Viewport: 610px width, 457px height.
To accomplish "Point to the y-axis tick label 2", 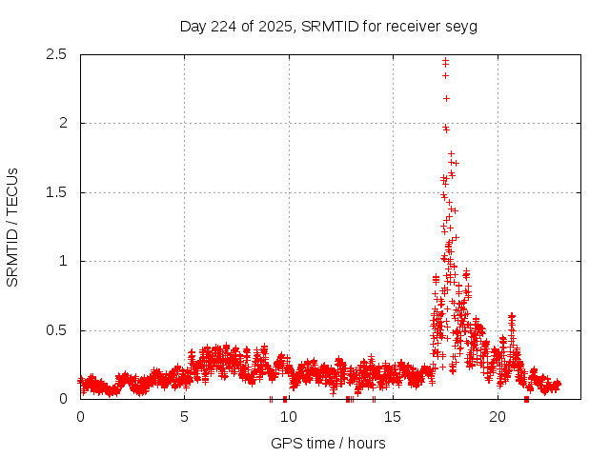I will tap(65, 123).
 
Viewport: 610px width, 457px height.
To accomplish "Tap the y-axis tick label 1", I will tap(65, 261).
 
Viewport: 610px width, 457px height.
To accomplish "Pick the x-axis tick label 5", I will tap(184, 417).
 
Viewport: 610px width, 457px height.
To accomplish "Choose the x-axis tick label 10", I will tap(288, 417).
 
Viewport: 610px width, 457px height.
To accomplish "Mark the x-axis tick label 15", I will tap(393, 417).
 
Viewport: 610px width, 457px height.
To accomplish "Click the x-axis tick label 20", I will tap(497, 417).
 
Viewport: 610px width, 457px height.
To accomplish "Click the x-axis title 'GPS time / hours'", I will tap(328, 443).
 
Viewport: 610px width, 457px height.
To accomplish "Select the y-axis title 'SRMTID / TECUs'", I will tap(13, 227).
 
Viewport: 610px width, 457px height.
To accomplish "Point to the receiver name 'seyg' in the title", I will tap(461, 26).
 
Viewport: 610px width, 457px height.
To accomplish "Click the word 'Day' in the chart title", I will tap(193, 26).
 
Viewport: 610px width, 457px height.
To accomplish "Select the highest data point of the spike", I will tap(445, 60).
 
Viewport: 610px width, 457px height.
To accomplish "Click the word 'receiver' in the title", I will tap(414, 26).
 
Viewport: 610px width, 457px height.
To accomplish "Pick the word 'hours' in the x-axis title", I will tap(366, 443).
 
